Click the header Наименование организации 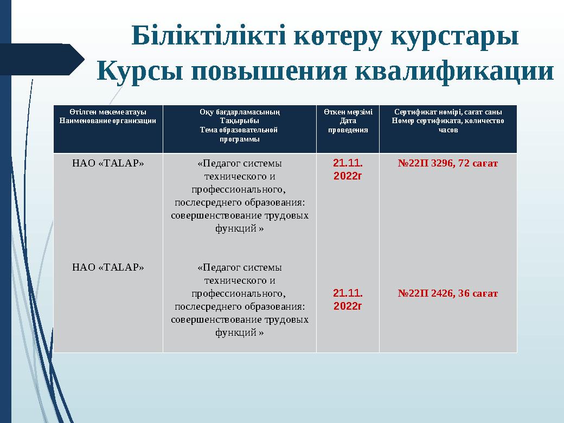108,121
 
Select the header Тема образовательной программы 239,134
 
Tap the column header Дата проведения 347,126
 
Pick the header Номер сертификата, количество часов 448,125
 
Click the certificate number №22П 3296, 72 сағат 448,163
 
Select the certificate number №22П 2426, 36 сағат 448,293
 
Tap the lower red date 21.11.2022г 348,299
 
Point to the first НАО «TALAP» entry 108,163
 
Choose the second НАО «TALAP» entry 108,267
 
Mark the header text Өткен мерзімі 347,113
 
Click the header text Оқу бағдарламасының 239,113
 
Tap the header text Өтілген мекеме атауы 108,113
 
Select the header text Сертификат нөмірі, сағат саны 448,113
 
